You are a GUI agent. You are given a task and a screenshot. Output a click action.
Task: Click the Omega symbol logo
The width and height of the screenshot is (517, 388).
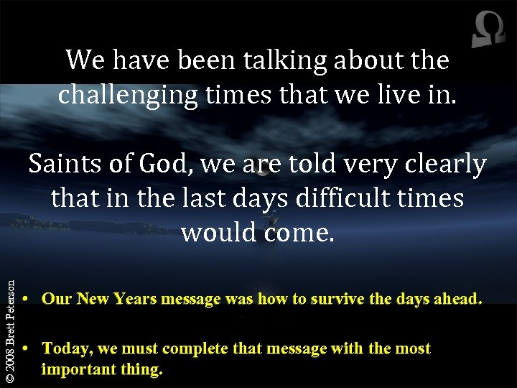point(488,31)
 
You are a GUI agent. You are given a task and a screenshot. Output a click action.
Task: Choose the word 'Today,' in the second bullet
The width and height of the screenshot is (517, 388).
point(66,349)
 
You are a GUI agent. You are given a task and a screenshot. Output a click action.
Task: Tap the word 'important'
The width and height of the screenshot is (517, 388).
point(78,370)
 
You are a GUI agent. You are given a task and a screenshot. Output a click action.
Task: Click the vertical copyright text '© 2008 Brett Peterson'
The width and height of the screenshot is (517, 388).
point(9,331)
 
